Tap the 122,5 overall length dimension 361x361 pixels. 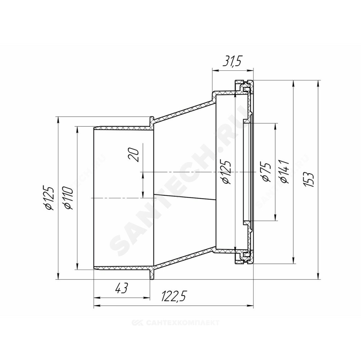(x=173, y=296)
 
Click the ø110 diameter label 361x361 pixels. (x=69, y=198)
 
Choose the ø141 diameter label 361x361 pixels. (x=284, y=172)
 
